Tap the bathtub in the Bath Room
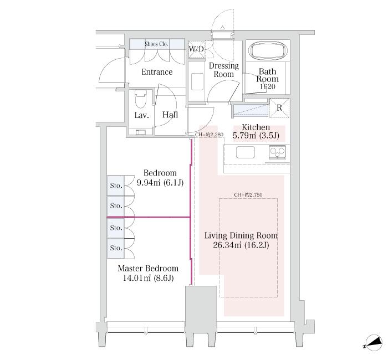[x=268, y=51]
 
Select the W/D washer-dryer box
[x=196, y=49]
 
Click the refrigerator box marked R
[x=279, y=108]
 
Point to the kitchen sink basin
[x=246, y=152]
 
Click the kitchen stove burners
[x=277, y=152]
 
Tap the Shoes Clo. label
[x=156, y=44]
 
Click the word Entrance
[x=157, y=72]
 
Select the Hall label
[x=170, y=115]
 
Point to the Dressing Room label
[x=224, y=70]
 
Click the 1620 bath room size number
[x=268, y=86]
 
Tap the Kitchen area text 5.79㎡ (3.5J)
[x=256, y=136]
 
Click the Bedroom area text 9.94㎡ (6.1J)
[x=160, y=183]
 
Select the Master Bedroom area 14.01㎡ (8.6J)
[x=148, y=278]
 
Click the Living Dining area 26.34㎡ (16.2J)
[x=241, y=245]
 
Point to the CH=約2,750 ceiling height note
[x=248, y=195]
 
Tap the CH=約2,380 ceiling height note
[x=209, y=135]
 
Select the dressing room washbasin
[x=197, y=81]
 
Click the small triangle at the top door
[x=222, y=28]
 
